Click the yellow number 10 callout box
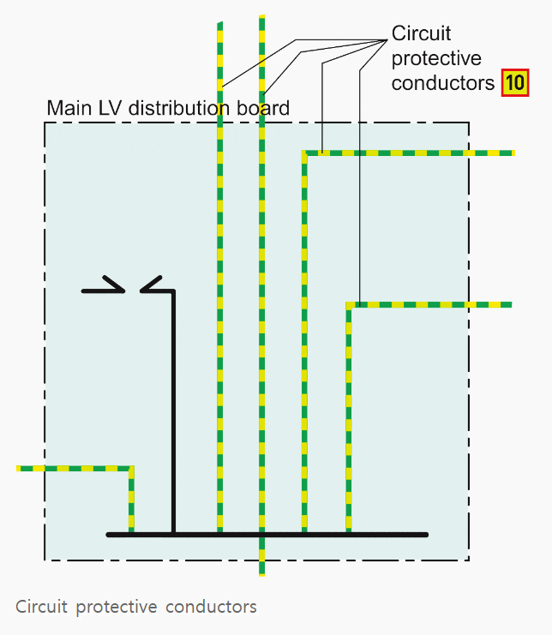pyautogui.click(x=514, y=83)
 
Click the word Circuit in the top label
pyautogui.click(x=421, y=33)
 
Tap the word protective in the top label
pyautogui.click(x=436, y=58)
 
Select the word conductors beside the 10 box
pyautogui.click(x=443, y=83)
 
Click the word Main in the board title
pyautogui.click(x=66, y=109)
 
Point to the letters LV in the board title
pyautogui.click(x=106, y=109)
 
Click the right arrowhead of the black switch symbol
pyautogui.click(x=151, y=285)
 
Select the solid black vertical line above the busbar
pyautogui.click(x=173, y=411)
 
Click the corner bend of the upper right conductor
pyautogui.click(x=304, y=153)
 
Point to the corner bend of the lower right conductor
pyautogui.click(x=349, y=305)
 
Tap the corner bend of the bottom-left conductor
pyautogui.click(x=131, y=469)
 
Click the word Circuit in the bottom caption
pyautogui.click(x=40, y=607)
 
